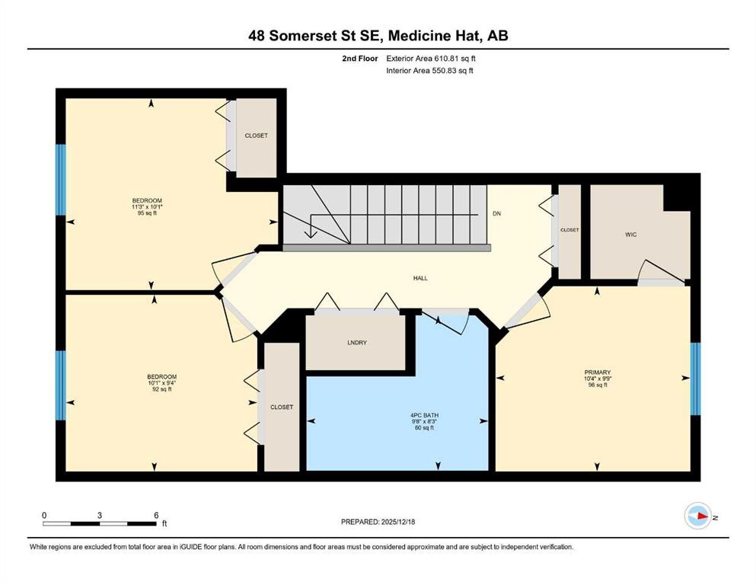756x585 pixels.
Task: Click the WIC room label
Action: (630, 235)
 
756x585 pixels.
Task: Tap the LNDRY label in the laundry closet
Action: (356, 343)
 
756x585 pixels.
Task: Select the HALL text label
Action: (420, 278)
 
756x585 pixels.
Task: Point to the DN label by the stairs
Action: (496, 214)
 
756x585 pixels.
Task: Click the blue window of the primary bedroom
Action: (694, 379)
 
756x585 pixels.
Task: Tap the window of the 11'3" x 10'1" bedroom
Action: (61, 181)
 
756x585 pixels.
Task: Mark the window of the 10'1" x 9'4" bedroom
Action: (61, 385)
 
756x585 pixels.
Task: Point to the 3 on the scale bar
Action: (100, 515)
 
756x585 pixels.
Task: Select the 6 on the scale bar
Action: (156, 515)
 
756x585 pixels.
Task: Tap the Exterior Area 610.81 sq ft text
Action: (435, 58)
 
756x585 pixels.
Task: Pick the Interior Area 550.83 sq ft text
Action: (434, 71)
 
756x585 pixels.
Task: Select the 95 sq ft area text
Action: (147, 213)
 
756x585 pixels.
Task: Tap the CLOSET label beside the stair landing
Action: (569, 230)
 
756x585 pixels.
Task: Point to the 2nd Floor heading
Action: (361, 58)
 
